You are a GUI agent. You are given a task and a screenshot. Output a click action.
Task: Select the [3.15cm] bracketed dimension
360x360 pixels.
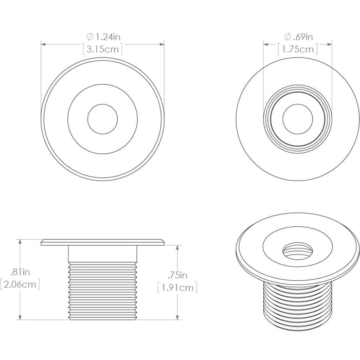tap(103, 50)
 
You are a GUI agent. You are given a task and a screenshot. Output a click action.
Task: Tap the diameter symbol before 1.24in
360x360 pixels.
tap(89, 37)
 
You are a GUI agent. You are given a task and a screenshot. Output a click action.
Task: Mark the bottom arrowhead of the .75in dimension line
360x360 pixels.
tap(176, 317)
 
